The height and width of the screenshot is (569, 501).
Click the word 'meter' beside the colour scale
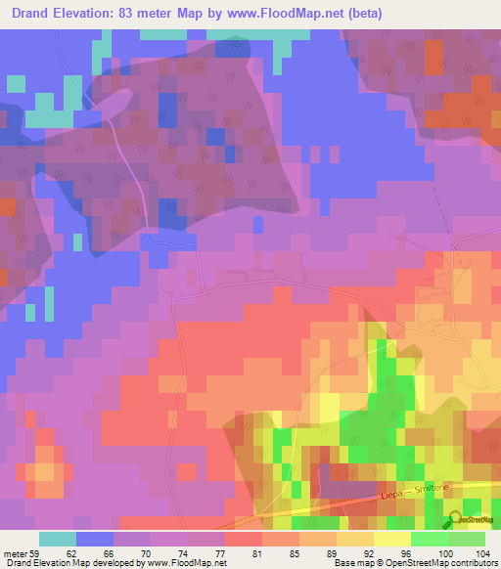pyautogui.click(x=14, y=552)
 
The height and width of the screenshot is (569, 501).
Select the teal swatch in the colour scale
pyautogui.click(x=57, y=539)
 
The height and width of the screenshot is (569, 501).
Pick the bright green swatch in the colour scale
pyautogui.click(x=429, y=539)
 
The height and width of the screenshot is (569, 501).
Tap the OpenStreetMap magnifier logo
pyautogui.click(x=455, y=519)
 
